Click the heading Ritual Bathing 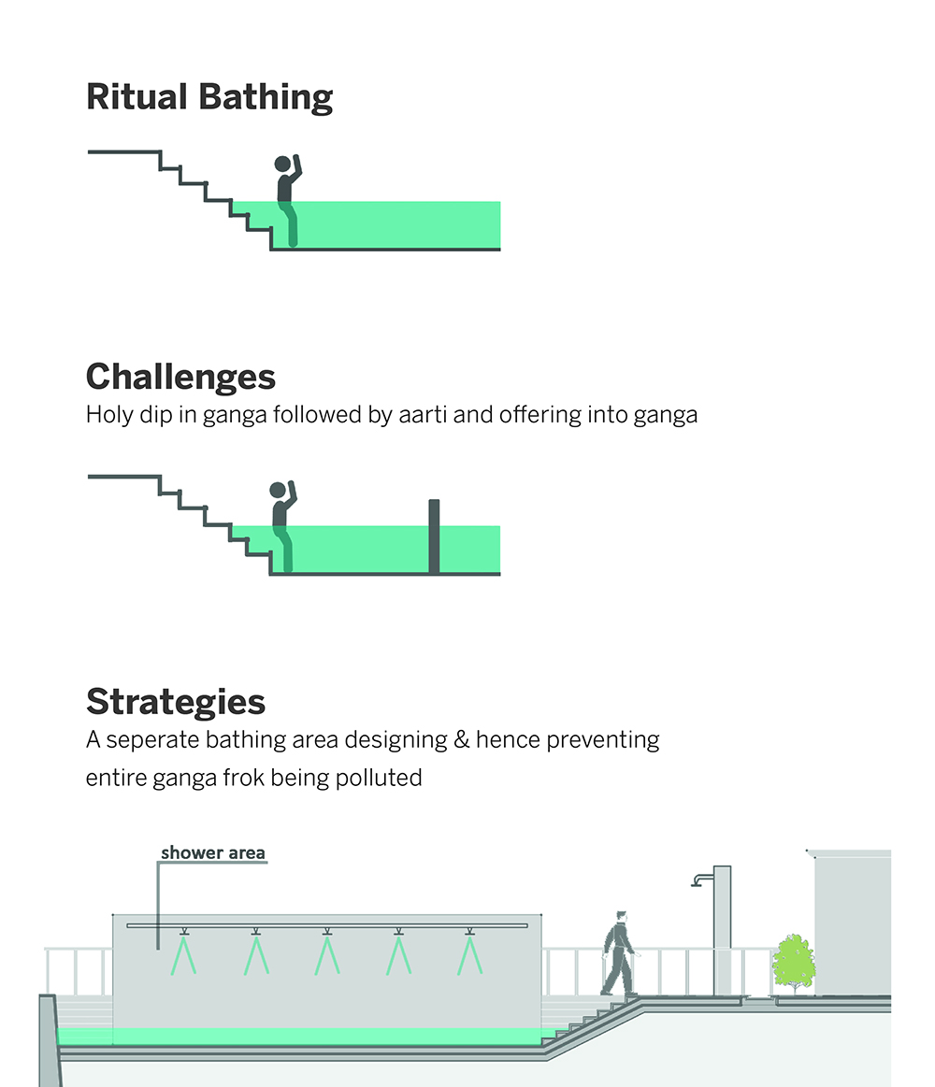pyautogui.click(x=209, y=97)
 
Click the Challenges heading pyautogui.click(x=180, y=377)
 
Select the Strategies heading pyautogui.click(x=176, y=701)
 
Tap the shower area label pyautogui.click(x=212, y=852)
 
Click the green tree pyautogui.click(x=793, y=961)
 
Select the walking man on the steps pyautogui.click(x=618, y=953)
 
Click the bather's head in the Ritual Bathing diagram pyautogui.click(x=282, y=164)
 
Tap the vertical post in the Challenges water pyautogui.click(x=434, y=536)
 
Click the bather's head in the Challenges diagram pyautogui.click(x=278, y=489)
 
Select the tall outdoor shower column pyautogui.click(x=722, y=930)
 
